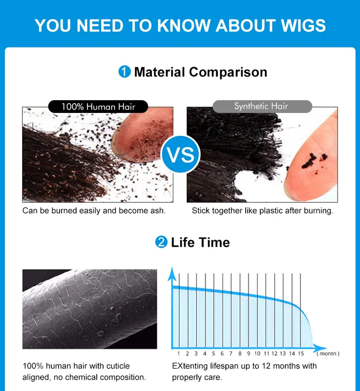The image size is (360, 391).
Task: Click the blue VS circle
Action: point(181,154)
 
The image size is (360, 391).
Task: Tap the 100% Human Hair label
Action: point(98,107)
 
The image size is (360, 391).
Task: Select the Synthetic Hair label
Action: point(262,107)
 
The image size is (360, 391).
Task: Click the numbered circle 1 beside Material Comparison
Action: point(125,72)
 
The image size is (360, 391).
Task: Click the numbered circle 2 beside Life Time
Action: point(161,242)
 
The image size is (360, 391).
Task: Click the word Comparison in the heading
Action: point(228,72)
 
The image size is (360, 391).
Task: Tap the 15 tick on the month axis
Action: point(301,353)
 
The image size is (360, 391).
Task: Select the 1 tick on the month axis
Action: point(178,353)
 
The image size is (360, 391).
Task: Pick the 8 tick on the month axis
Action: point(240,353)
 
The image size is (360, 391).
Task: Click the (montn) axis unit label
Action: point(328,353)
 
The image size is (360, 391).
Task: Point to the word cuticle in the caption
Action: point(118,366)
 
